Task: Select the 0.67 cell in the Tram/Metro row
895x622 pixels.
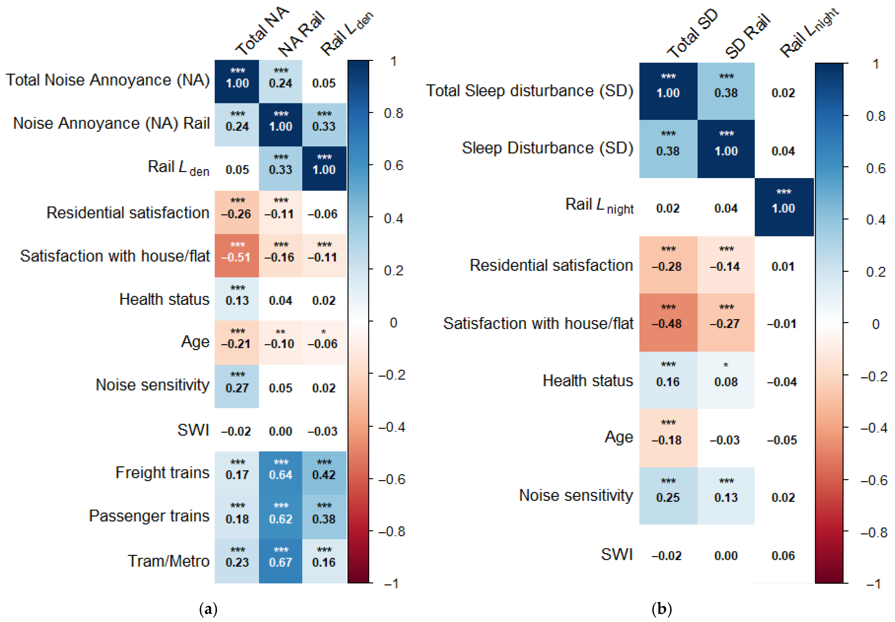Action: [280, 562]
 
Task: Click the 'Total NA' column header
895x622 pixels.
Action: [262, 31]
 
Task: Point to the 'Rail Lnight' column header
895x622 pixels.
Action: [809, 33]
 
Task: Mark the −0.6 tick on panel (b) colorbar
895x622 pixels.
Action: [874, 480]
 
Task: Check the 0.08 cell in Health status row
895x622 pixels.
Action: [726, 381]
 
